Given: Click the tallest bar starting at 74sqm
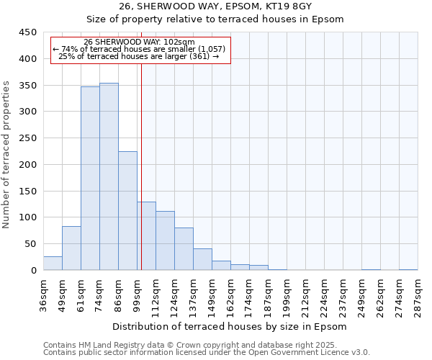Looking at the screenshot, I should (109, 176).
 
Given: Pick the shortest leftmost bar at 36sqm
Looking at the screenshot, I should (53, 264).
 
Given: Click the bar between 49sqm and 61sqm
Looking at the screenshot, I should (71, 248).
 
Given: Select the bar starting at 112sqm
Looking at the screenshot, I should (165, 240).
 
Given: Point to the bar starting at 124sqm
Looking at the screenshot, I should (184, 249).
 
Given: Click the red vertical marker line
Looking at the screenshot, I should (141, 166).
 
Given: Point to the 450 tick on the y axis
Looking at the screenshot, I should (28, 32).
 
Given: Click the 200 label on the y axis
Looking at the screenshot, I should (28, 165).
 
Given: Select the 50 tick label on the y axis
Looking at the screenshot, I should (31, 244).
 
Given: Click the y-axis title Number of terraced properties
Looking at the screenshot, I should (7, 155).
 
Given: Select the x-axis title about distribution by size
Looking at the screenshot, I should (230, 326).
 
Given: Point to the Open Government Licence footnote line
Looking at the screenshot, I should (206, 352).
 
